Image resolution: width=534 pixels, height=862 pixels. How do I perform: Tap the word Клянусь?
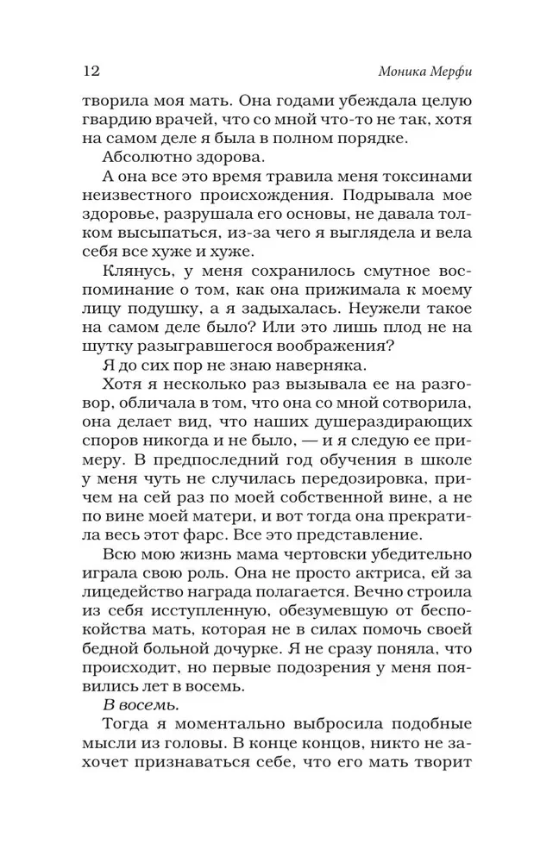[x=133, y=278]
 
